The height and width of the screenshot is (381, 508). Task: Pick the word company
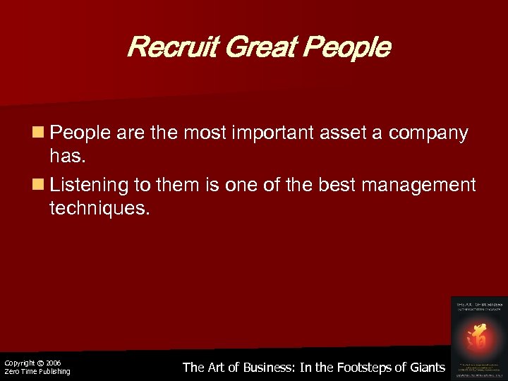tap(427, 134)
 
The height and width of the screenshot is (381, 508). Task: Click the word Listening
tap(90, 186)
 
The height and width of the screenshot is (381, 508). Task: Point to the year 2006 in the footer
tap(54, 363)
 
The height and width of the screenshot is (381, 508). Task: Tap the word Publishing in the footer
tap(53, 372)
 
